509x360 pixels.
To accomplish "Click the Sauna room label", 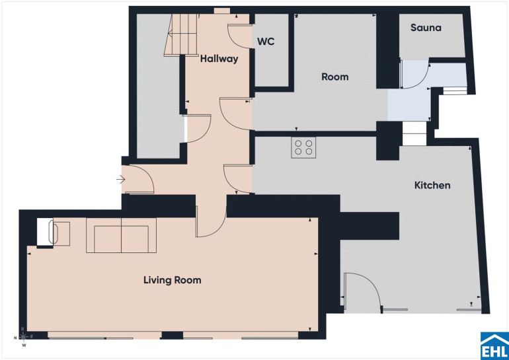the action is (426, 28).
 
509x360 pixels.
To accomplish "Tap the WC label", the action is (266, 42).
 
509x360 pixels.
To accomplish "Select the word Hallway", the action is (219, 59).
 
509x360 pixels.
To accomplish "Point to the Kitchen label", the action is (432, 185).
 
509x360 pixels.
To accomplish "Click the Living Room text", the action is (173, 280).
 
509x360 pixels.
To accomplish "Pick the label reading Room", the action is (335, 77).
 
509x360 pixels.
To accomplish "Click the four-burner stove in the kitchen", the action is (303, 147).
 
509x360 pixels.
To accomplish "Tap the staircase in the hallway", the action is (181, 35).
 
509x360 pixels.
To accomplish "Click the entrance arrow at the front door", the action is (121, 179).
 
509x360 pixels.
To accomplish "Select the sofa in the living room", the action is (121, 235).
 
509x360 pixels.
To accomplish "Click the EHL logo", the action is (494, 345).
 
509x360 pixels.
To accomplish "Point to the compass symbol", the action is (24, 338).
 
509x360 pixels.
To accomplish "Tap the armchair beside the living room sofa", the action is (60, 234).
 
